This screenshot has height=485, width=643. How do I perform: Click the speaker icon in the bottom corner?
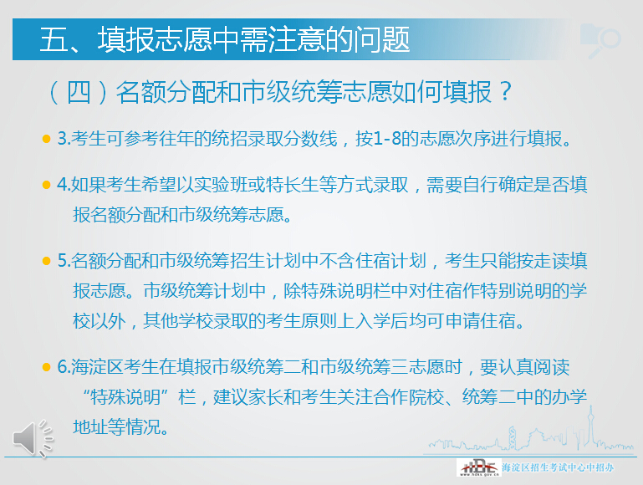[x=31, y=438]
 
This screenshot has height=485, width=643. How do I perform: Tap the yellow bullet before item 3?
[x=46, y=139]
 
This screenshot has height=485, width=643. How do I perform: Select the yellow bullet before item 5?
[x=46, y=262]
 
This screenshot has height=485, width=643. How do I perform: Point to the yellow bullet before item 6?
[x=46, y=369]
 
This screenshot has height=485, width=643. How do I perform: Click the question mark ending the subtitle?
[x=504, y=91]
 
